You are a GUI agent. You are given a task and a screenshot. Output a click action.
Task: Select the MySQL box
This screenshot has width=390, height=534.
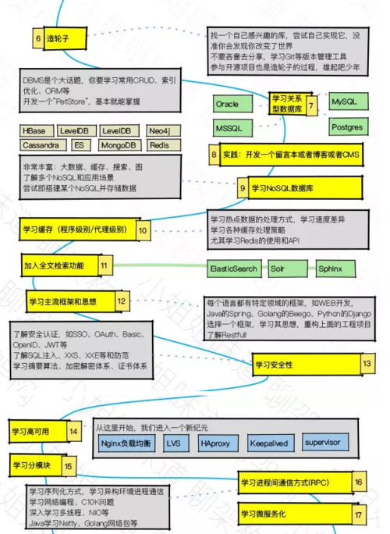click(345, 102)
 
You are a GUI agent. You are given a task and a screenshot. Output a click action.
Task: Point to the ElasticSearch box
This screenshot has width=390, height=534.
click(233, 269)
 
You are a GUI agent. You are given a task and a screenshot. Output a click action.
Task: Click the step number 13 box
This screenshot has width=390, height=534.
click(367, 363)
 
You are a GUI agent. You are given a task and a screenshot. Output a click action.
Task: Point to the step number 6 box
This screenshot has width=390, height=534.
click(38, 37)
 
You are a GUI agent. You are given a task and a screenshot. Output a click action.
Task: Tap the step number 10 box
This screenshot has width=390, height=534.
click(143, 230)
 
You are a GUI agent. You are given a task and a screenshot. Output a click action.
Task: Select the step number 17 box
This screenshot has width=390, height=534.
click(358, 514)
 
